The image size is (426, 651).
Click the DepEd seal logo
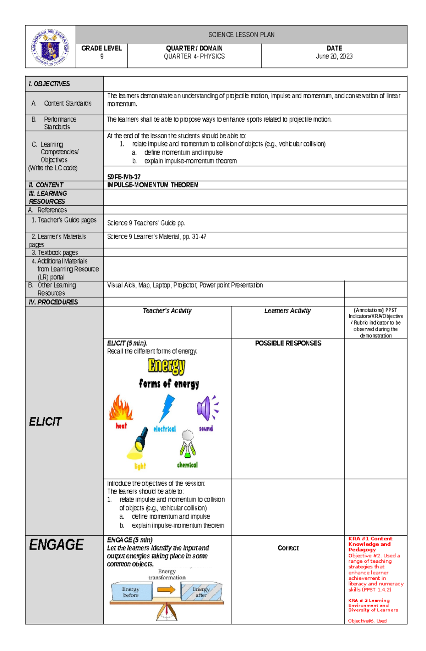(x=50, y=47)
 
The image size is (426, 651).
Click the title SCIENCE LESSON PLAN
(x=241, y=35)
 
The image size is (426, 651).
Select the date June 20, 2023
(x=334, y=56)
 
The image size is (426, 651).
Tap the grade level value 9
(x=102, y=56)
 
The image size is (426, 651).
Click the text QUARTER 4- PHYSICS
(x=194, y=56)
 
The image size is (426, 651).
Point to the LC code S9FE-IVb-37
(x=124, y=177)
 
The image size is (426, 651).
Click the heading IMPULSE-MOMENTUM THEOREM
(x=153, y=185)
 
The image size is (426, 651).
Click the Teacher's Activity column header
(x=167, y=311)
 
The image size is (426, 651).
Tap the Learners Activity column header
(x=288, y=311)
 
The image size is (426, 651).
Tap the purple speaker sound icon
(x=207, y=408)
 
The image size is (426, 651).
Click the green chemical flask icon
(x=187, y=445)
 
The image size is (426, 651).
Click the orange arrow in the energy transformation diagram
(x=166, y=590)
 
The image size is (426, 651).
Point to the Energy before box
(x=131, y=591)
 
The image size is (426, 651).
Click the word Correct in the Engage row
(x=288, y=548)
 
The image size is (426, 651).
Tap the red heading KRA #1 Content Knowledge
(x=370, y=541)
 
